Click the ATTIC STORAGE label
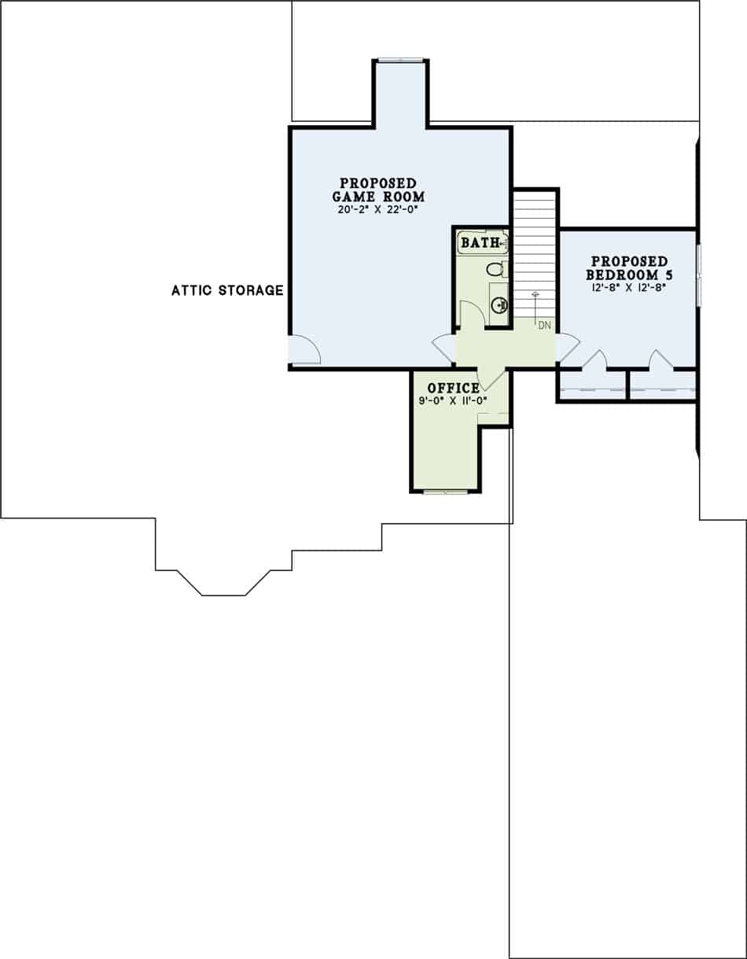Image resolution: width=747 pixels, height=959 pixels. point(227,290)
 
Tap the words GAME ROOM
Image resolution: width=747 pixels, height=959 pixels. point(377,197)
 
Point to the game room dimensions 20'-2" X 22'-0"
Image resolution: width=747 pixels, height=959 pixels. point(377,211)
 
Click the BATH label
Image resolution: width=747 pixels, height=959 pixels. point(480,242)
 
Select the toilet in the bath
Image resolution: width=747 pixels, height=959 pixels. point(496,269)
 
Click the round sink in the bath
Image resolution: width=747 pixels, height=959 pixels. point(499,305)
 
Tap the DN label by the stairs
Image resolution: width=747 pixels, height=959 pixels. point(544,324)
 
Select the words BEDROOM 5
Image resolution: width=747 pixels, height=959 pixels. point(629,275)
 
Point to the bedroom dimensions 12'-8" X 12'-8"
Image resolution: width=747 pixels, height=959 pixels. point(629,288)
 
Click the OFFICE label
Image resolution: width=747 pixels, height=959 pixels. point(453,388)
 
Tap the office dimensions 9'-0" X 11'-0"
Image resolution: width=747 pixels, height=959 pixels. point(453,400)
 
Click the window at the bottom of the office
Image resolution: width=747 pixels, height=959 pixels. point(445,492)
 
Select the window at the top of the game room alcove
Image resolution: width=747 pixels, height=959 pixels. point(400,60)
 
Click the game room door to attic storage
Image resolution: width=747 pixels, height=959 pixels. point(304,350)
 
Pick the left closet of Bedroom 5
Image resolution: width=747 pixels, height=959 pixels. point(592,385)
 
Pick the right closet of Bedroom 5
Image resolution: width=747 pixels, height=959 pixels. point(662,385)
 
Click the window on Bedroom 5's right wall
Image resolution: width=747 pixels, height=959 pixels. point(698,275)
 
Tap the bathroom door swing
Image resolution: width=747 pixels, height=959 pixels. point(470,313)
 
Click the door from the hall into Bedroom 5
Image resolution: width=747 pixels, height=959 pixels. point(567,347)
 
